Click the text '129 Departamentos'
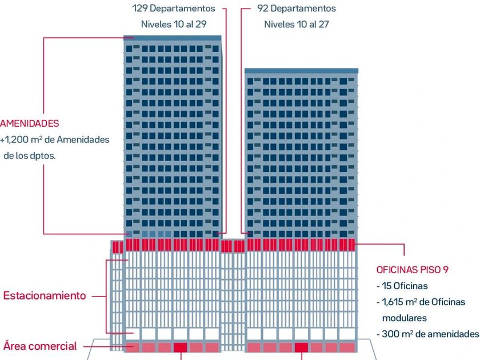[174, 9]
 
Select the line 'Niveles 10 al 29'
[174, 25]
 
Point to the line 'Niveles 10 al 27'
[297, 25]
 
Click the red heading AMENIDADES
[30, 123]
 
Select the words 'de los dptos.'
[30, 155]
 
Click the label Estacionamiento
[45, 296]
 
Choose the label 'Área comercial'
[40, 346]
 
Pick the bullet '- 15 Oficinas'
[402, 286]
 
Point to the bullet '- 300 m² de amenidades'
[427, 334]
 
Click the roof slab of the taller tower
[173, 38]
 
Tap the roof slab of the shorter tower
[301, 71]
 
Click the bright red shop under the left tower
[180, 347]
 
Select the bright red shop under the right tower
[301, 347]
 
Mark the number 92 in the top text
[263, 9]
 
